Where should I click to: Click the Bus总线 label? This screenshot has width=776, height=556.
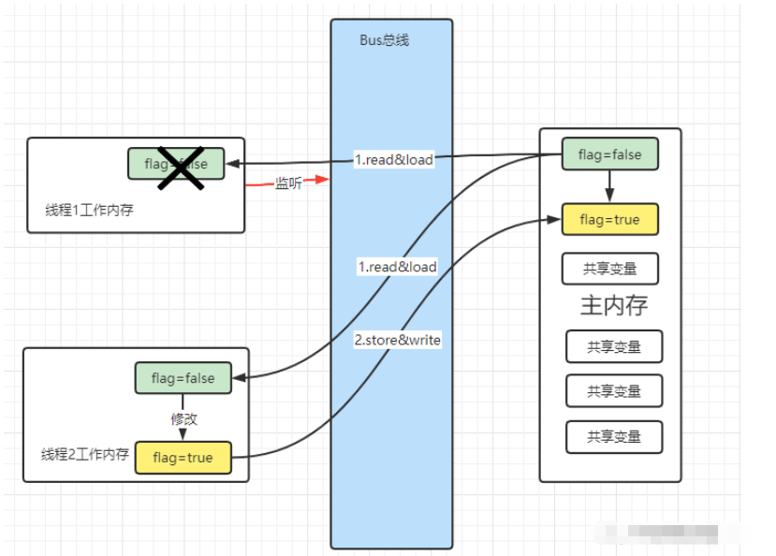tap(384, 40)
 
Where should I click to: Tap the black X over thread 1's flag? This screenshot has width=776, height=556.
tap(181, 166)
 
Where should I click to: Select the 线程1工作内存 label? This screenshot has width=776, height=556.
tap(89, 210)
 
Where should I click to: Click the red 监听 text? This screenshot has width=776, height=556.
tap(287, 183)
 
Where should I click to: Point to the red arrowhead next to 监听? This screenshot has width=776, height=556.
tap(324, 179)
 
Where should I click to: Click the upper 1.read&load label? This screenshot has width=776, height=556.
tap(393, 159)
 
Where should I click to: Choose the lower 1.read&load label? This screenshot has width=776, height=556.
tap(397, 267)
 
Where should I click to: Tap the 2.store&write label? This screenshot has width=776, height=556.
tap(397, 340)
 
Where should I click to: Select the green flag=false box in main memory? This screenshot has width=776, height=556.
tap(609, 154)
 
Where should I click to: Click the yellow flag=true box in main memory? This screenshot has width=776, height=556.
tap(609, 219)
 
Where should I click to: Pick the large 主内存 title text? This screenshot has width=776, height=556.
tap(614, 305)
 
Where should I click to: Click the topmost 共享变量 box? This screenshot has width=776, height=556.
tap(609, 269)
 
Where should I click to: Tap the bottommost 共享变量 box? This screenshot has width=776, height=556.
tap(614, 437)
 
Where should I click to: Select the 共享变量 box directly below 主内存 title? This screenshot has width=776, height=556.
tap(614, 346)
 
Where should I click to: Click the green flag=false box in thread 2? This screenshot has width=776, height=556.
tap(183, 379)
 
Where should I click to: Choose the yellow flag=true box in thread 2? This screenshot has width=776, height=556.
tap(183, 458)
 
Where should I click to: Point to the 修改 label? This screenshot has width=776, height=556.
tap(184, 418)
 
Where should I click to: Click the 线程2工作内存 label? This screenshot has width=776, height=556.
tap(84, 455)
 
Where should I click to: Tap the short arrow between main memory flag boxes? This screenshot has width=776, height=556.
tap(609, 187)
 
